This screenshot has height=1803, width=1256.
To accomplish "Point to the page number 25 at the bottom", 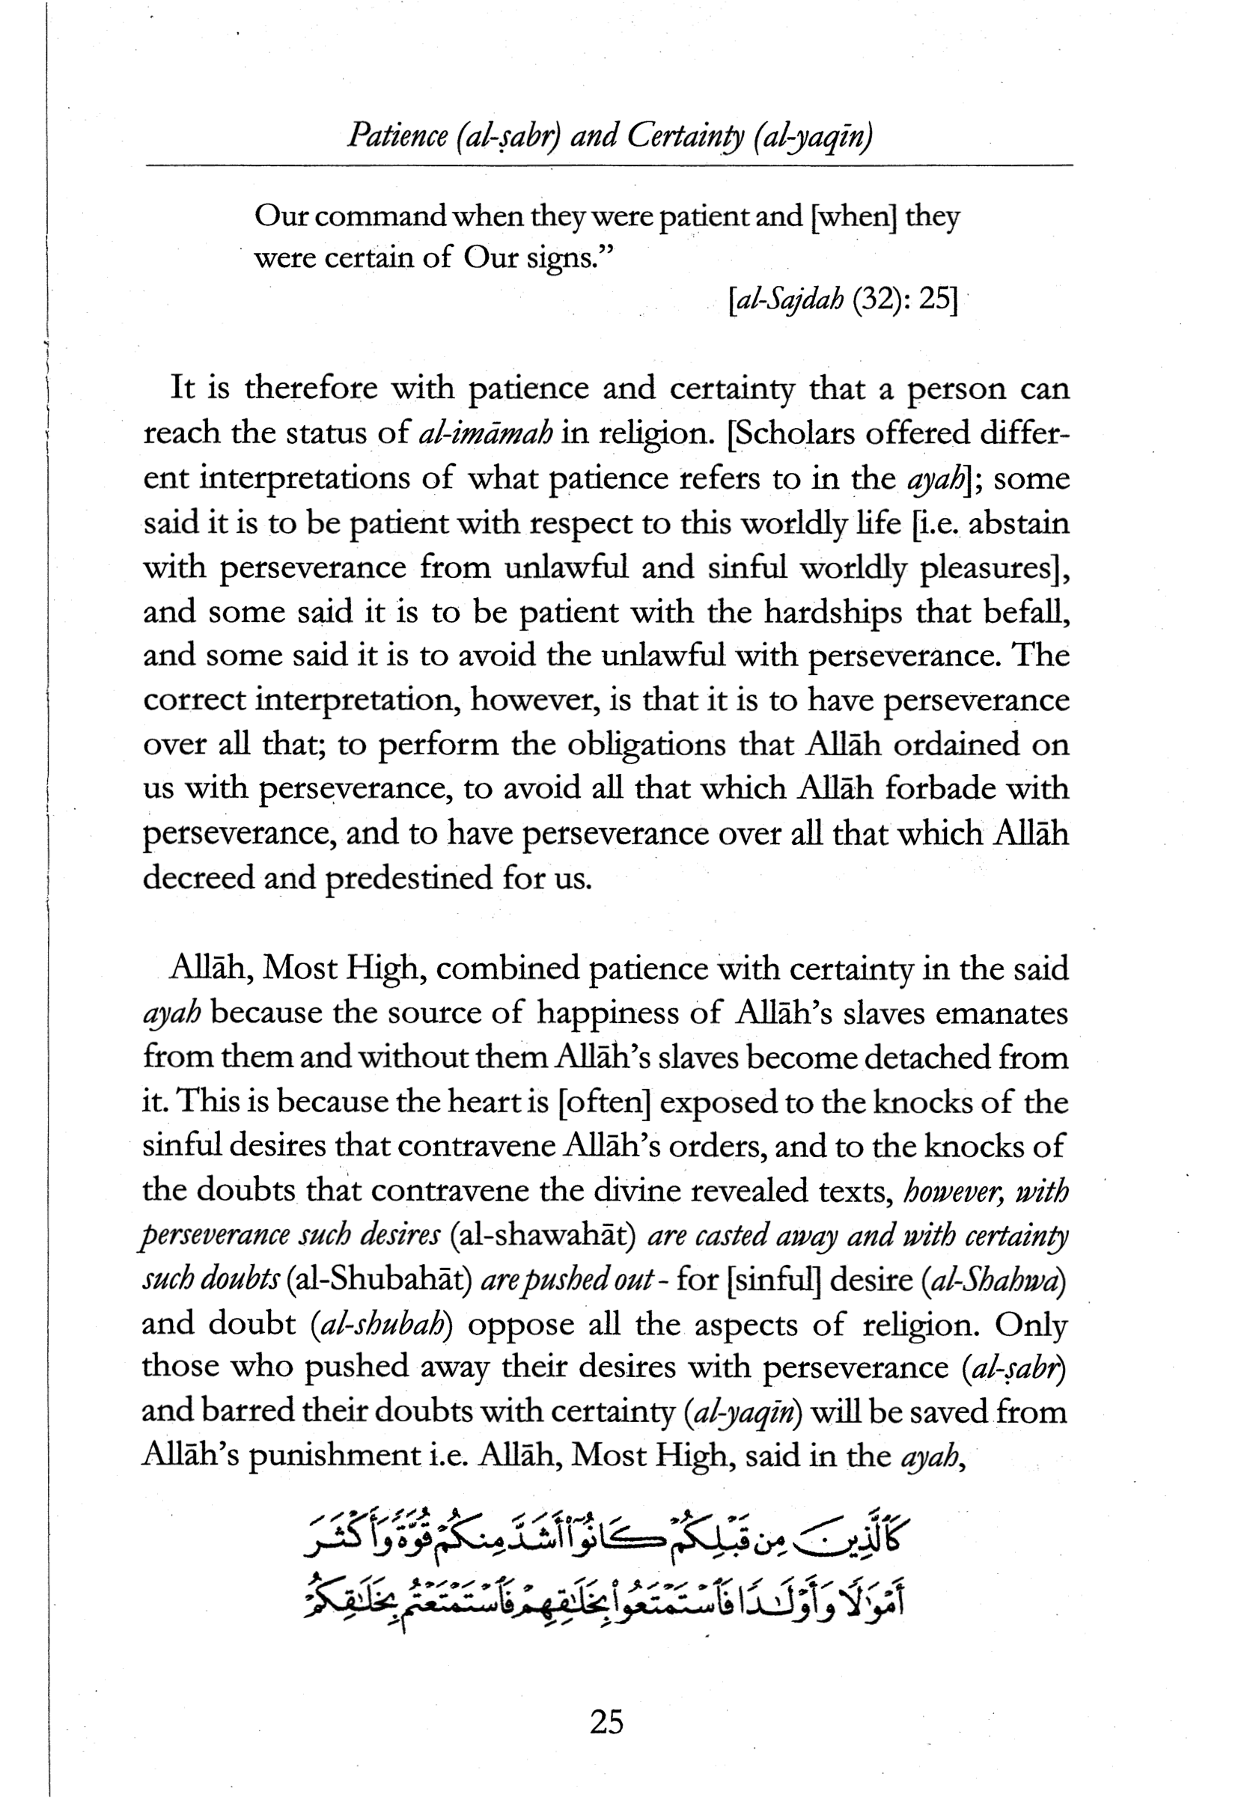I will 606,1721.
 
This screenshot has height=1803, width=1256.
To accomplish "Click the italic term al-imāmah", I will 487,433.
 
